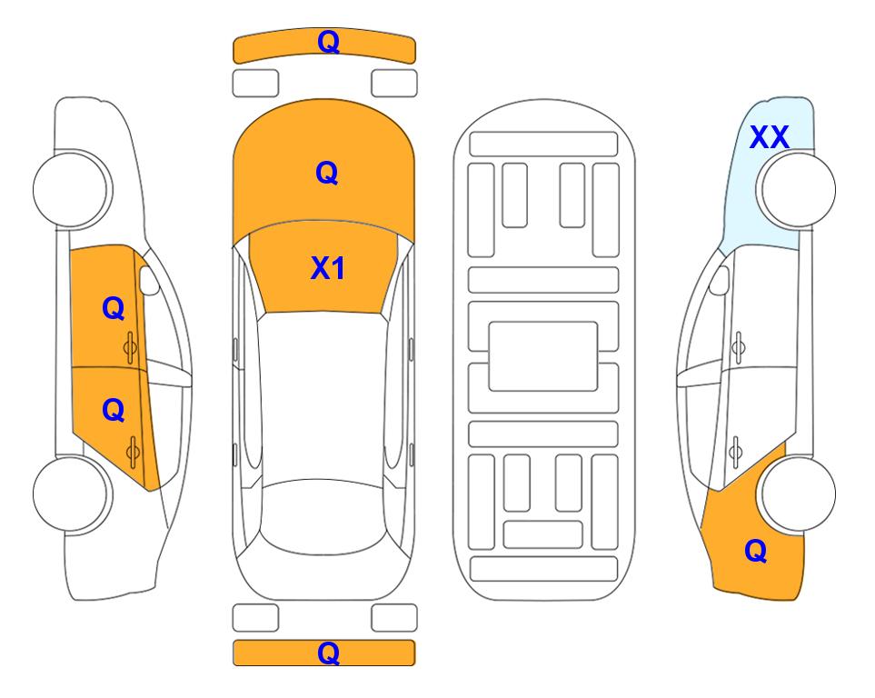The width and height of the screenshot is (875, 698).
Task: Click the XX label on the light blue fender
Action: click(x=769, y=137)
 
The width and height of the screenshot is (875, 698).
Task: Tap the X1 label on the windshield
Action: click(x=328, y=268)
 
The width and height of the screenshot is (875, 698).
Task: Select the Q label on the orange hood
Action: click(x=327, y=173)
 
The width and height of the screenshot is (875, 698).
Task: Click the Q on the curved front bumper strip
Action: click(x=328, y=42)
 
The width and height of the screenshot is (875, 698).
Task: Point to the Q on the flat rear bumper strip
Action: click(x=328, y=653)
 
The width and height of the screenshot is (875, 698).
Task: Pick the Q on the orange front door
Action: click(x=114, y=308)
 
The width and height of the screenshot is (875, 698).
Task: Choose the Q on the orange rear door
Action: click(x=114, y=411)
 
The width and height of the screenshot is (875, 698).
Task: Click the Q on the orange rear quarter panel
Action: click(x=756, y=551)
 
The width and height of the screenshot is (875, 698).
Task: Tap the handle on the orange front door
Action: click(x=131, y=347)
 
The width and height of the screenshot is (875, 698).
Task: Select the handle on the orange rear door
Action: click(x=133, y=452)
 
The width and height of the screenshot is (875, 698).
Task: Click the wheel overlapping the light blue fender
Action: click(x=796, y=189)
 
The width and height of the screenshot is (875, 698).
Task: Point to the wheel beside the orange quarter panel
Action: click(x=797, y=494)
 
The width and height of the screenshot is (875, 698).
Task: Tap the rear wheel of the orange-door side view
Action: click(x=72, y=494)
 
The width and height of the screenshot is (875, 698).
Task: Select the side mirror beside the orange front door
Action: click(x=149, y=280)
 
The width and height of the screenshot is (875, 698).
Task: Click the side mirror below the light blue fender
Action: click(x=719, y=280)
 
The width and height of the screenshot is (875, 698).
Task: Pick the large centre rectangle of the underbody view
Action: click(x=543, y=356)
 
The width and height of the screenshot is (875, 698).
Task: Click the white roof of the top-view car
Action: click(x=323, y=397)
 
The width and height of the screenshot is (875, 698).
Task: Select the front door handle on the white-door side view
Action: click(x=738, y=347)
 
